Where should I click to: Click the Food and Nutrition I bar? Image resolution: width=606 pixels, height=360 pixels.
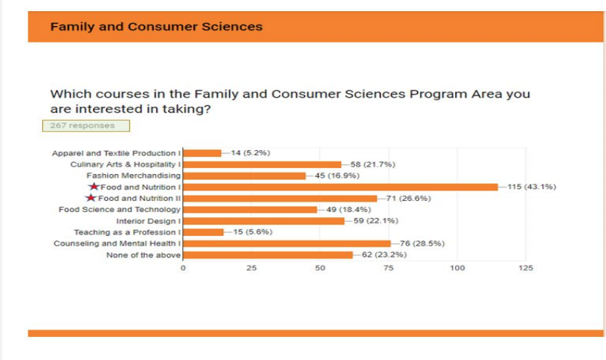(x=340, y=187)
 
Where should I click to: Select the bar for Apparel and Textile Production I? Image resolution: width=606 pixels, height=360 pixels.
(x=202, y=153)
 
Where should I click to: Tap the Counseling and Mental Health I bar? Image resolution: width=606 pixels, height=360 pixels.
(x=286, y=243)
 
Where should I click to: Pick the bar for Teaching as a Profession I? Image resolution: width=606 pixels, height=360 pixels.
(x=203, y=232)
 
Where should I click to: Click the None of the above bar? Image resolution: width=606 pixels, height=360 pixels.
(x=268, y=255)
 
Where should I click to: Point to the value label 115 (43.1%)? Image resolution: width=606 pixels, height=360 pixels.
(x=532, y=187)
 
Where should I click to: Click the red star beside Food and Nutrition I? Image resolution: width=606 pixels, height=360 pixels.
(x=93, y=187)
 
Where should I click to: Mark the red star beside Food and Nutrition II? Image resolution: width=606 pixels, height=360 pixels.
(x=91, y=199)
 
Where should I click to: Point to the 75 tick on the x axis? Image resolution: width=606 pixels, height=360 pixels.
(x=388, y=268)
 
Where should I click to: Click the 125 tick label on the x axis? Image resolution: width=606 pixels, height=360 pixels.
(x=525, y=268)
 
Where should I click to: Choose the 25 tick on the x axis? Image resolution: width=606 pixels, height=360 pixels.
(x=251, y=268)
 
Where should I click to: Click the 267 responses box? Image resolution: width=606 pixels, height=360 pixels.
(x=86, y=126)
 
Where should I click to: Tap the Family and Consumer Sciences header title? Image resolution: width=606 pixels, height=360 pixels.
(x=156, y=27)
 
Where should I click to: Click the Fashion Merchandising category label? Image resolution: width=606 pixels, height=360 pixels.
(x=133, y=176)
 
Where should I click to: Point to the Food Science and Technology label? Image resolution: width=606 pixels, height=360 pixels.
(x=120, y=210)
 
